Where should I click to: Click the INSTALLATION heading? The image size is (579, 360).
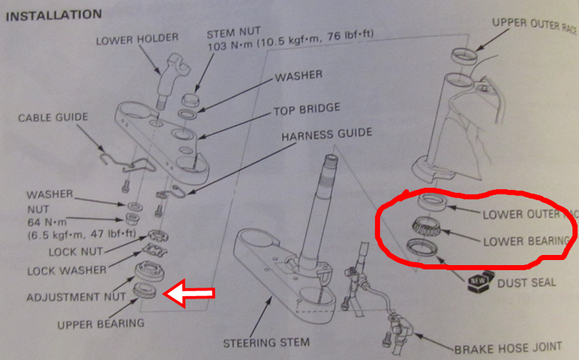pyautogui.click(x=53, y=14)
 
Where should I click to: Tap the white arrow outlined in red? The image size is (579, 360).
pyautogui.click(x=190, y=293)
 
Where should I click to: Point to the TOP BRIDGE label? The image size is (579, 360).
pyautogui.click(x=306, y=109)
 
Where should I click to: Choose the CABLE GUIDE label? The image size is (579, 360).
pyautogui.click(x=53, y=117)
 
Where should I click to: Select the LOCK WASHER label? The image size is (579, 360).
pyautogui.click(x=67, y=269)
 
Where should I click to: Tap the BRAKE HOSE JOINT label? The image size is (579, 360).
pyautogui.click(x=506, y=349)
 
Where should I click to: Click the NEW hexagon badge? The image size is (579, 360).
pyautogui.click(x=476, y=280)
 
